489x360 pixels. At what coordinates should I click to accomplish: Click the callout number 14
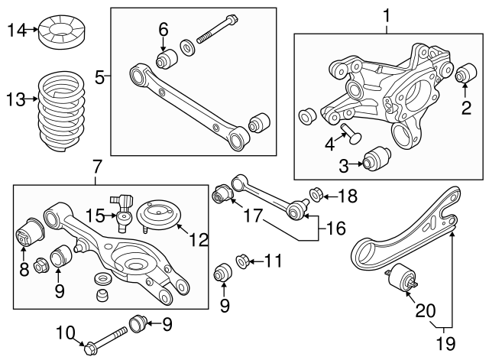[x=15, y=30]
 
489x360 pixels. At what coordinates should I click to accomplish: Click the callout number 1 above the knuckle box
[x=386, y=14]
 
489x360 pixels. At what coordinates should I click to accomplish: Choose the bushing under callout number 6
[x=164, y=58]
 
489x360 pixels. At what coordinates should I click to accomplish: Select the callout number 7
[x=96, y=166]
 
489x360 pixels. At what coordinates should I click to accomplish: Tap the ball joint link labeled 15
[x=122, y=211]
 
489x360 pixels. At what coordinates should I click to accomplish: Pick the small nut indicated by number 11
[x=241, y=263]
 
